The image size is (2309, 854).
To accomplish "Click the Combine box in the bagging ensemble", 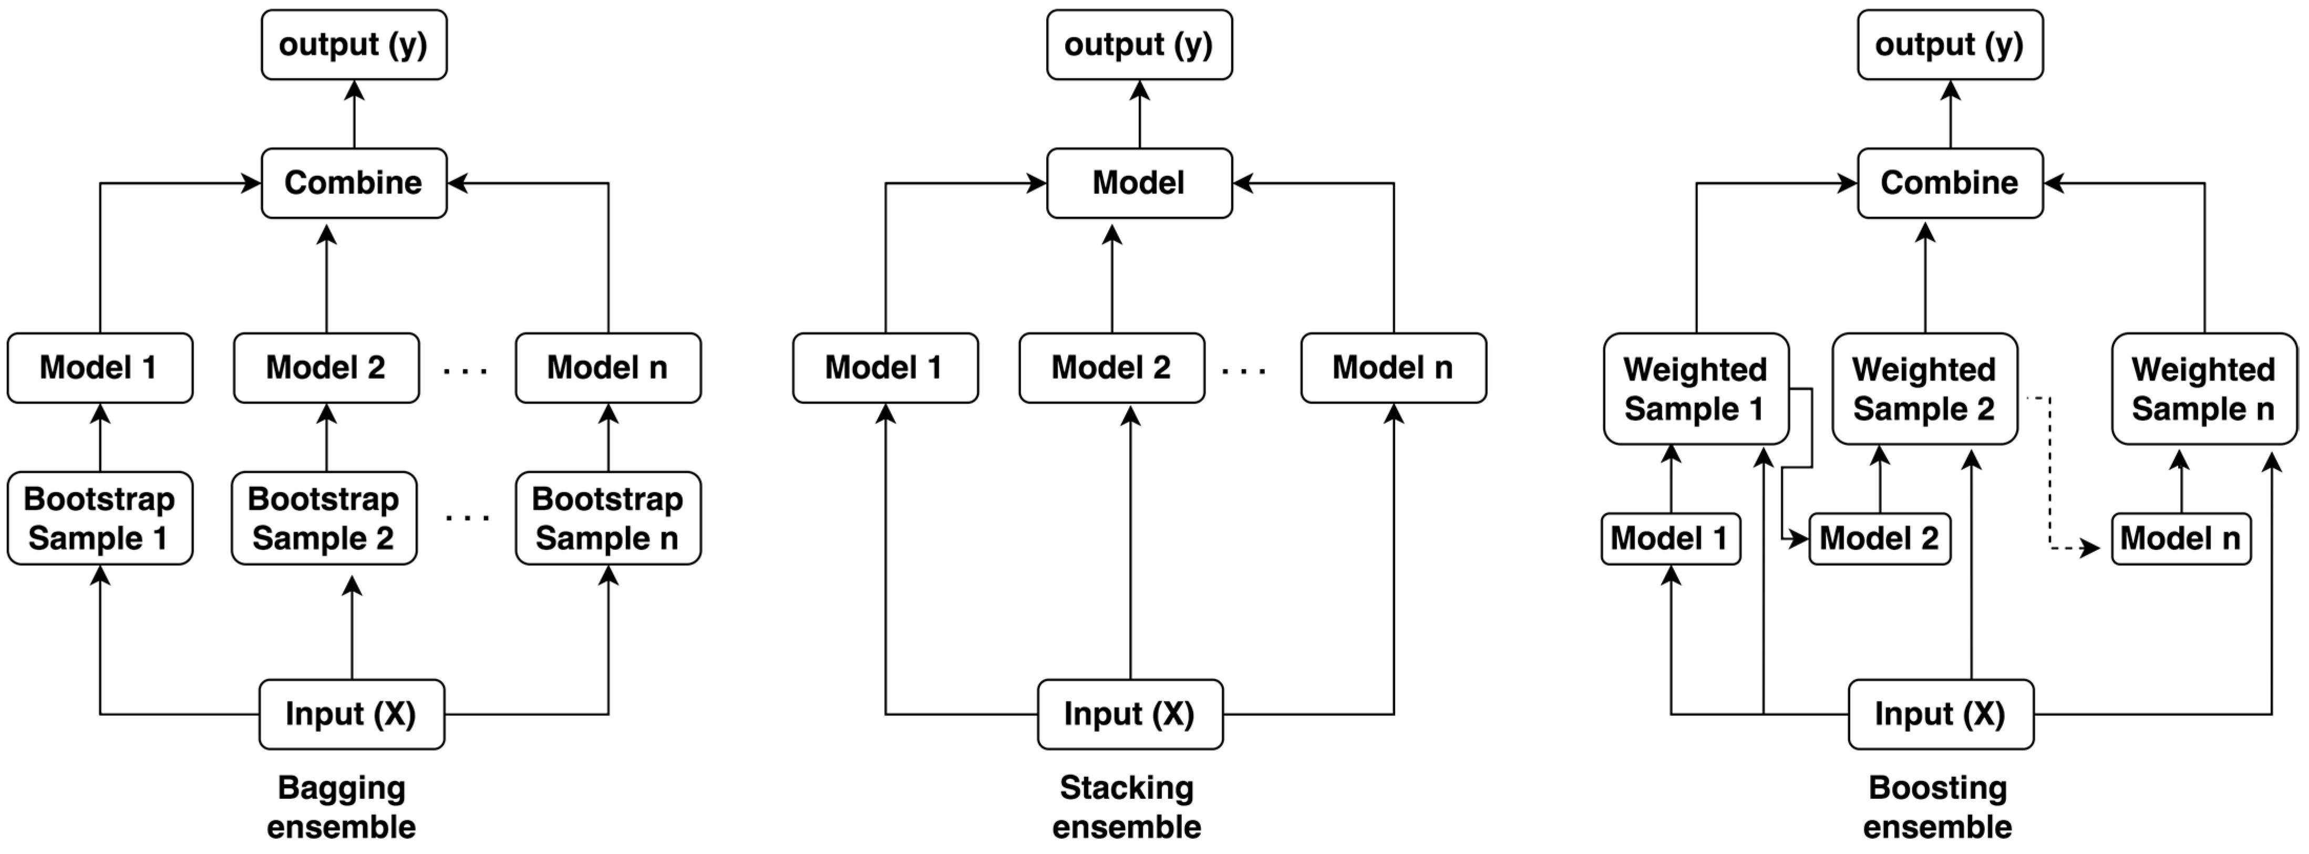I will coord(353,183).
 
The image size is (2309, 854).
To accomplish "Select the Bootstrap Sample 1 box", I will coord(99,518).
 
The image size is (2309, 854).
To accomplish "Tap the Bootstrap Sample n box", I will coord(607,518).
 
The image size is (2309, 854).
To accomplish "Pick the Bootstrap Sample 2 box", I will coord(324,518).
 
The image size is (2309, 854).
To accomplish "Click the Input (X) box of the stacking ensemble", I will coord(1129,714).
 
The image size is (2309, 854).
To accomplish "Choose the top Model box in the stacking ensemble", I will coord(1138,183).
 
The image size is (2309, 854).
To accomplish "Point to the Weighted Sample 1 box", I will coord(1695,389).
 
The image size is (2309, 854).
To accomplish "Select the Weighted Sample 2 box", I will coord(1924,389).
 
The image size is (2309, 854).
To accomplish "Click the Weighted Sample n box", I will coord(2203,389).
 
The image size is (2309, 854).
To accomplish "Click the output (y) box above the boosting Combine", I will coord(1950,45).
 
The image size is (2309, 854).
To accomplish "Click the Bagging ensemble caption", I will coord(342,807).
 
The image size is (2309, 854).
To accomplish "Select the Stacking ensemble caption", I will coord(1127,807).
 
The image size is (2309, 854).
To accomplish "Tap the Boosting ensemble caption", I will coord(1937,807).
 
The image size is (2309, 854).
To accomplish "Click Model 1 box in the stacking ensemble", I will coord(885,368).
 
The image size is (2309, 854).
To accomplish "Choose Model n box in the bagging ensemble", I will coord(607,368).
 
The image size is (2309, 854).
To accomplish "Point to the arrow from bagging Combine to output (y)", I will coord(354,114).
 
